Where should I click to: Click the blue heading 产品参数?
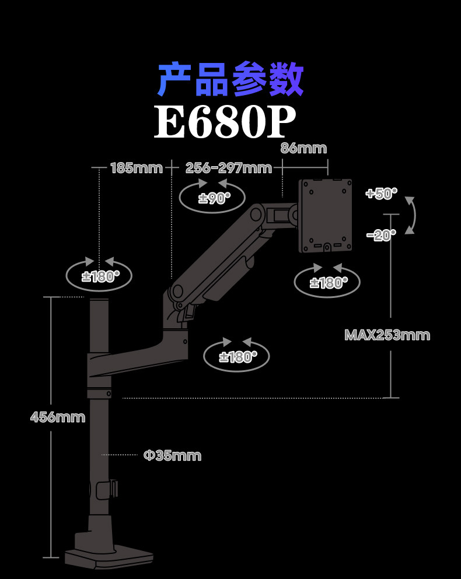[230, 80]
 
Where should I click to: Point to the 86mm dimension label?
[303, 148]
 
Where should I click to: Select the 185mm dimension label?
[136, 169]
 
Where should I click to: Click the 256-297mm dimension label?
[229, 169]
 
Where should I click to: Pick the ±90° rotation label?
[213, 198]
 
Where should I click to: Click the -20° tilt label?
[381, 234]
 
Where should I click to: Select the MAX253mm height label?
[387, 335]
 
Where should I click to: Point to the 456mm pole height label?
[58, 417]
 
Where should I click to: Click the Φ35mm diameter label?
[172, 455]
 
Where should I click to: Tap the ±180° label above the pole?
[100, 276]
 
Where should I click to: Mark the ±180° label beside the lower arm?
[237, 357]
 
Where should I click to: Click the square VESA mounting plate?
[326, 215]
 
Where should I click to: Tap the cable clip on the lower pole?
[107, 489]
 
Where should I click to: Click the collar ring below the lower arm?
[99, 394]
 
